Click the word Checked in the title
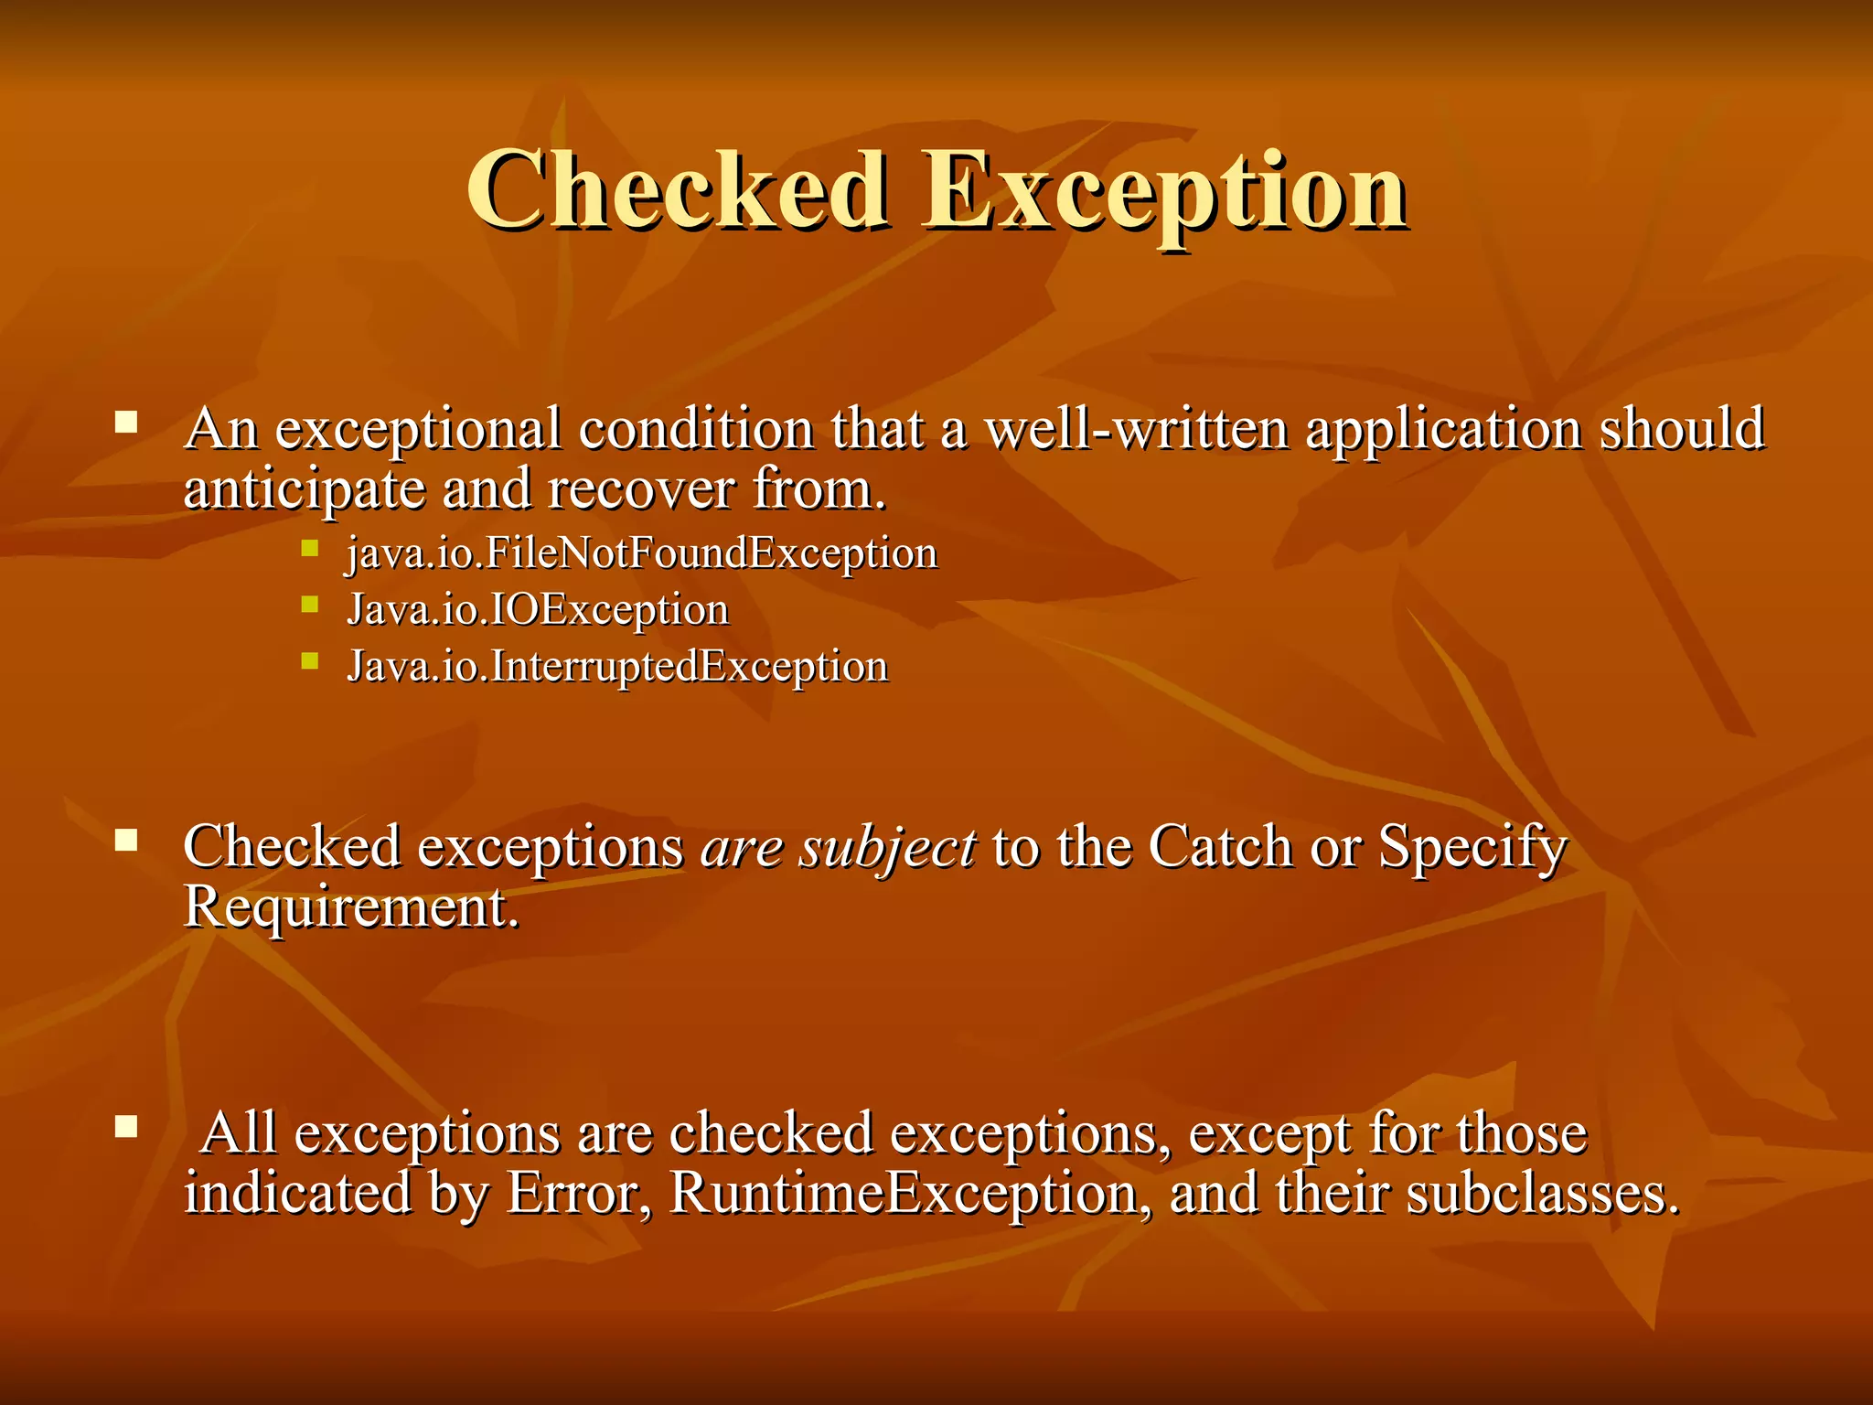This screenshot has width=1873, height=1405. [677, 190]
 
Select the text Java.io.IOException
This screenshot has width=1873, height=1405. [538, 610]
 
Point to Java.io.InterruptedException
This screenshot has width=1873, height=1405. [617, 666]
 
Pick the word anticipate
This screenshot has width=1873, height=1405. [304, 489]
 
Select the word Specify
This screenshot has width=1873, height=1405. [1472, 847]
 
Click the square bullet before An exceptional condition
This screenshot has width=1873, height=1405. [126, 423]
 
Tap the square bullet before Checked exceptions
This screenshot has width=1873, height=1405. [126, 840]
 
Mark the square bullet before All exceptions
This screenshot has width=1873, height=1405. [126, 1126]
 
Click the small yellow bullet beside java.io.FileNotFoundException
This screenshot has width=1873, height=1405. [310, 547]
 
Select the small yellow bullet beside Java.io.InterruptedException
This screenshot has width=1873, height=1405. [310, 660]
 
